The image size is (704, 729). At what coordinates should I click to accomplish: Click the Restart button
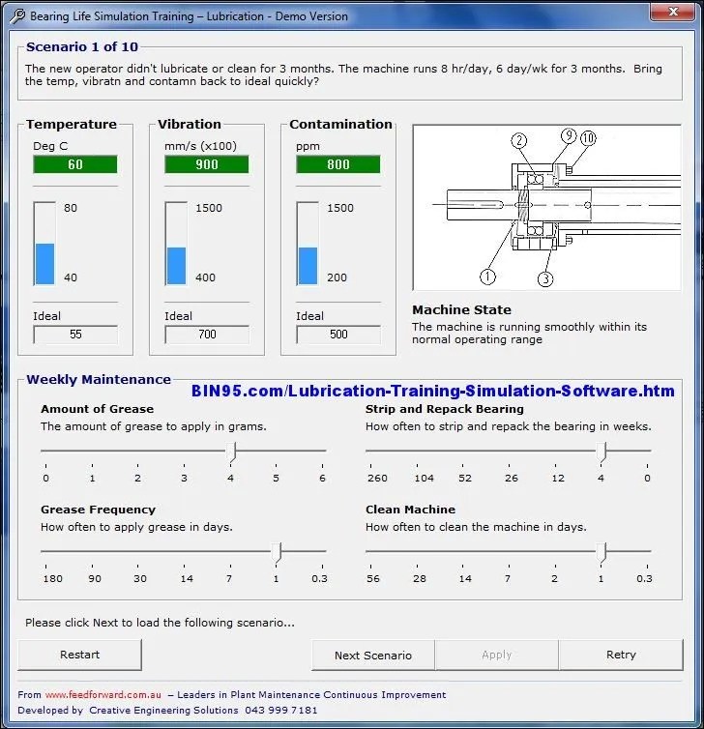79,655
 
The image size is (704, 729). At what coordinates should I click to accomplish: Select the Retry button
621,655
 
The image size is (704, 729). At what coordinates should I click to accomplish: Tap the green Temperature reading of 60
75,164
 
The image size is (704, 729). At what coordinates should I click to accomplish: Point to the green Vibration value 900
207,164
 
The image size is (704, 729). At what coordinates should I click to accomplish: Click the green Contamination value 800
338,164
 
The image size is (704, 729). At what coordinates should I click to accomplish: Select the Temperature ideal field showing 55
75,335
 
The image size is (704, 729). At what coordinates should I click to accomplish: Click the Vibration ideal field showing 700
207,335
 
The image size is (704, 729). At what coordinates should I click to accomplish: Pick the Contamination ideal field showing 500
338,335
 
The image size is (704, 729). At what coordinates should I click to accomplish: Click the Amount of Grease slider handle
232,451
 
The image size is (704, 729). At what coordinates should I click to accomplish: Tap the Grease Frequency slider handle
279,552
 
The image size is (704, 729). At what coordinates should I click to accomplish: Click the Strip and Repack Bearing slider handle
602,451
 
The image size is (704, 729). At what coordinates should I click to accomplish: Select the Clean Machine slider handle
602,552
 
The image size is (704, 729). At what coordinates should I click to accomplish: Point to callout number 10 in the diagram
588,138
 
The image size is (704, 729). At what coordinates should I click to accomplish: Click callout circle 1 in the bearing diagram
487,277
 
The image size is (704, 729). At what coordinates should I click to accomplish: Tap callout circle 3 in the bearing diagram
545,279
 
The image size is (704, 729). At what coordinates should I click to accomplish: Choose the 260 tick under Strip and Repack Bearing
377,478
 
